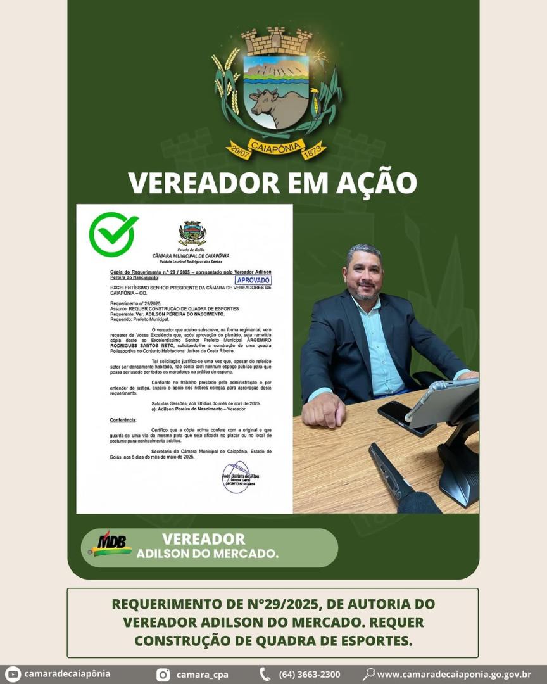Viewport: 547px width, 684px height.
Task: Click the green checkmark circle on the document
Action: (113, 234)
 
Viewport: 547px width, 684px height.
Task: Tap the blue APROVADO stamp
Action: (253, 280)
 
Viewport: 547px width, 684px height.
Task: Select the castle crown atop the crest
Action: (277, 42)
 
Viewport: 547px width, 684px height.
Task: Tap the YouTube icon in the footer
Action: (13, 674)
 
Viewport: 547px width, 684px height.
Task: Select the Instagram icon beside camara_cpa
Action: (163, 674)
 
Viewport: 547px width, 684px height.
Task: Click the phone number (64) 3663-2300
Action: (309, 674)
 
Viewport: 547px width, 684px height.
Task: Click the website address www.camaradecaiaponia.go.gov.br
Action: (454, 674)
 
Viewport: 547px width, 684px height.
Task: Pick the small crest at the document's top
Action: (192, 233)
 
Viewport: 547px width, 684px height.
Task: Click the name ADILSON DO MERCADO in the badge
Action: (207, 554)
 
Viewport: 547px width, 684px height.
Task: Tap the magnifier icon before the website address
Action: (368, 674)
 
